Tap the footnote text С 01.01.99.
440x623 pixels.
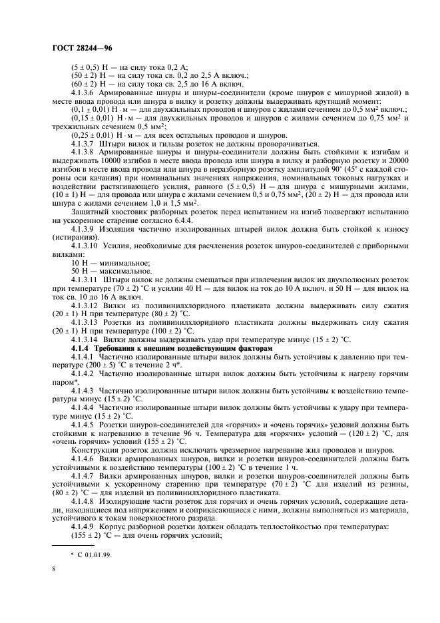(x=90, y=553)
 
